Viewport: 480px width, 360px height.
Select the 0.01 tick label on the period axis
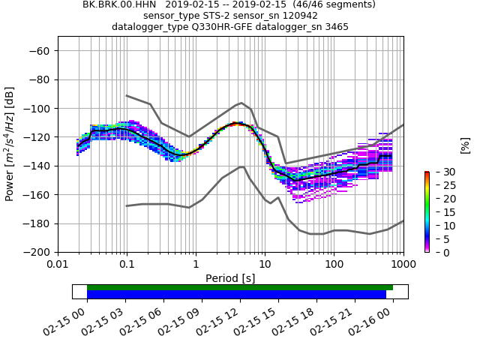point(58,265)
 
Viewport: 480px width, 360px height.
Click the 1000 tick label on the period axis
point(403,265)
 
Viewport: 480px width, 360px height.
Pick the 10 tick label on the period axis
point(265,265)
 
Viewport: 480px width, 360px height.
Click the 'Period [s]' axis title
point(230,278)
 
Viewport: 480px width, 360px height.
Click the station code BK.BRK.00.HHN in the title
point(118,4)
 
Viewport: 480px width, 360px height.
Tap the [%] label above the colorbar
point(465,145)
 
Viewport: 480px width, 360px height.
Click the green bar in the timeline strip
point(240,287)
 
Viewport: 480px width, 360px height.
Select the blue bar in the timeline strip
point(236,295)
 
